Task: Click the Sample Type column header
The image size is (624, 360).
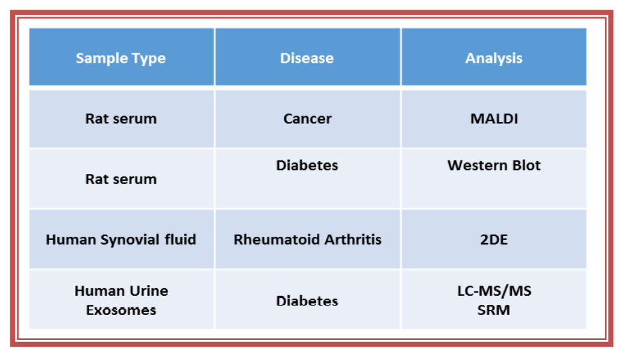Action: pyautogui.click(x=121, y=58)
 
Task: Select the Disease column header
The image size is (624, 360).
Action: pyautogui.click(x=307, y=58)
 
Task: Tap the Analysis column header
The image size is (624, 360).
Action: pyautogui.click(x=493, y=58)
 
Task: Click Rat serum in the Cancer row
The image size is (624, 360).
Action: pyautogui.click(x=121, y=119)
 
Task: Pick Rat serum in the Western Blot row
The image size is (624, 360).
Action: pyautogui.click(x=121, y=179)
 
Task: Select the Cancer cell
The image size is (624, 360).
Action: pyautogui.click(x=307, y=119)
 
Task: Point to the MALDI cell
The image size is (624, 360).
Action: pyautogui.click(x=494, y=119)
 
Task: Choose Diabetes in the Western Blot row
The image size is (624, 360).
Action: pyautogui.click(x=307, y=166)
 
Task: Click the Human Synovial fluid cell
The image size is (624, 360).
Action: pyautogui.click(x=121, y=240)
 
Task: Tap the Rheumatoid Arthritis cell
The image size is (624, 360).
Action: pyautogui.click(x=307, y=240)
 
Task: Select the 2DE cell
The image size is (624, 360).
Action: pyautogui.click(x=494, y=240)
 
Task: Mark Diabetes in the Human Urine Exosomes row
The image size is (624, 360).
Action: pyautogui.click(x=307, y=301)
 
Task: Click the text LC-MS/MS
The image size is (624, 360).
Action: pyautogui.click(x=494, y=291)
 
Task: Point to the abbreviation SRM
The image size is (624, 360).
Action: pyautogui.click(x=493, y=310)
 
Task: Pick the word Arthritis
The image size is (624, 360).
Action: pyautogui.click(x=353, y=240)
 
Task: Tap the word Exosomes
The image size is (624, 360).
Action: pyautogui.click(x=121, y=310)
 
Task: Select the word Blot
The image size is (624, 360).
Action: pyautogui.click(x=527, y=166)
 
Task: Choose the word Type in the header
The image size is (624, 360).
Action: pyautogui.click(x=148, y=59)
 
